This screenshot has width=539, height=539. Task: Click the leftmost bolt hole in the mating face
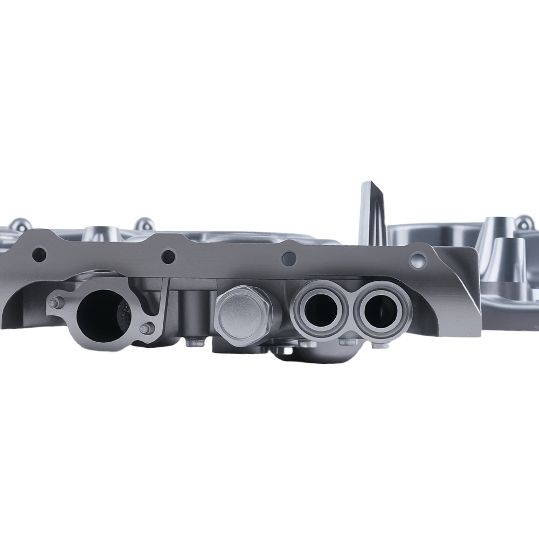coord(38,254)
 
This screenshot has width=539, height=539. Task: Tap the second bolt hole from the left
coord(168,257)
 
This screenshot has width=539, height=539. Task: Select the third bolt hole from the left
coord(289,259)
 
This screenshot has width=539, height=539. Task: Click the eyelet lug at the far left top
coord(19,225)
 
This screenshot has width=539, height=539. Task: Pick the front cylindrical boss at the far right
coord(507,259)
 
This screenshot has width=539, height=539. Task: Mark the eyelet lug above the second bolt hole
coord(144,224)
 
